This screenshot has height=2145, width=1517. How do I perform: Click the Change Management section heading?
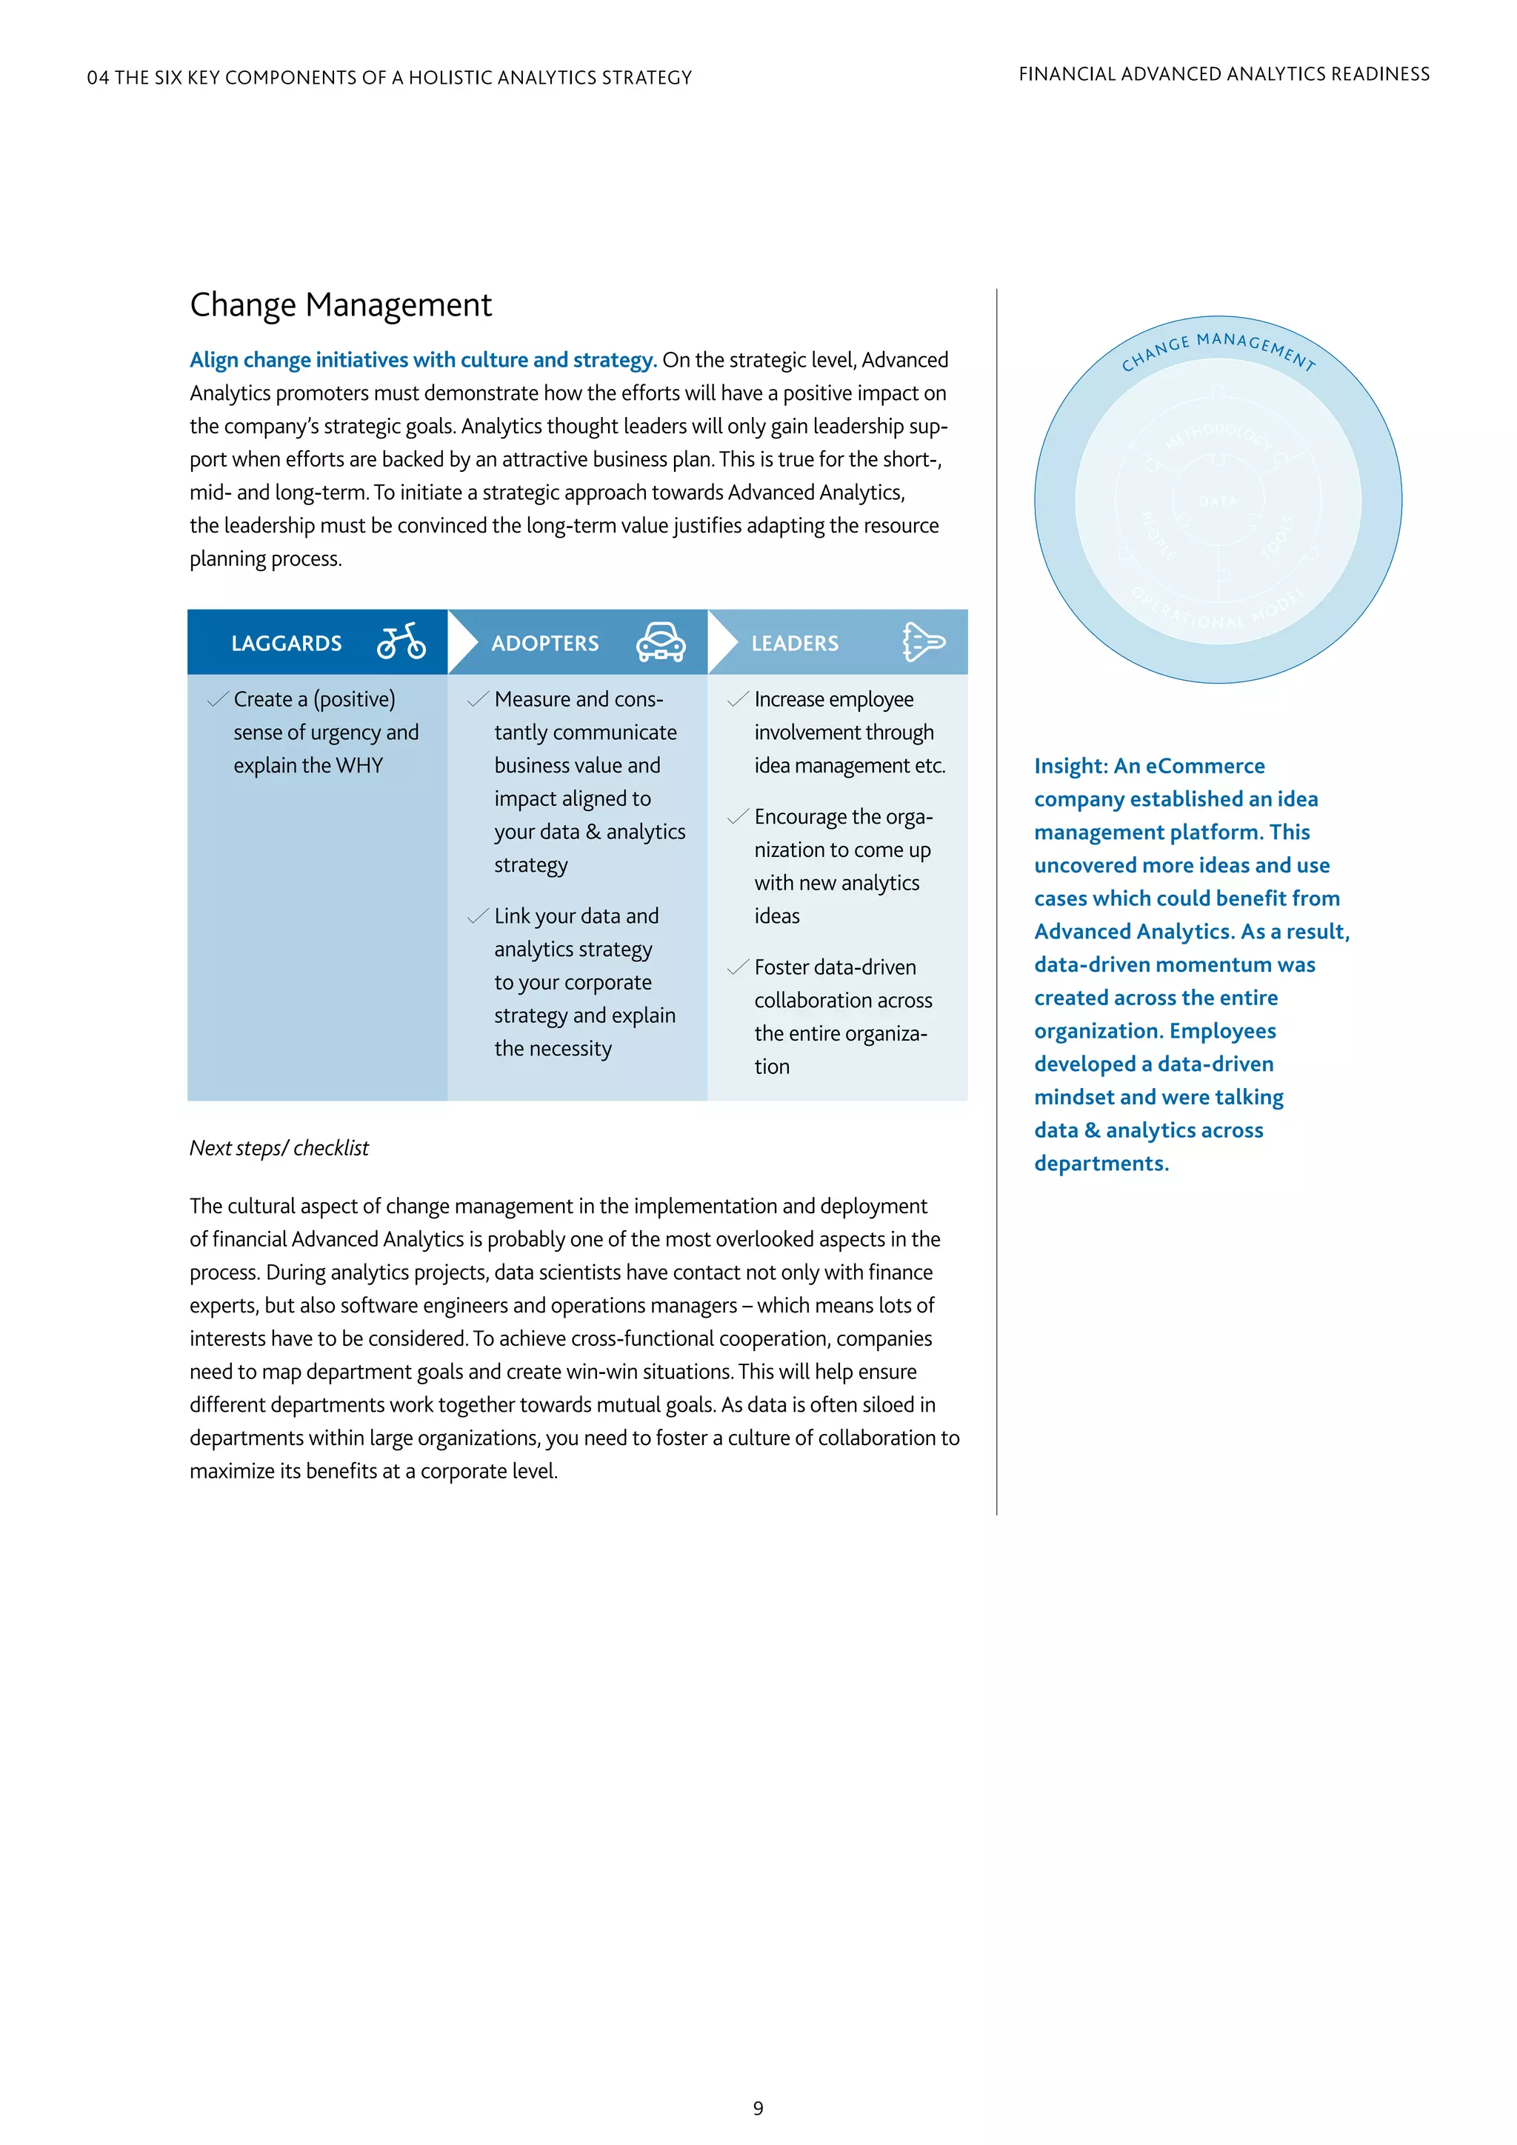point(340,305)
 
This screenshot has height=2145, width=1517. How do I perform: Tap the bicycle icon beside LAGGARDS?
point(401,642)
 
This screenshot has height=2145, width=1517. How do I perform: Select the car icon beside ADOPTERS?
point(661,642)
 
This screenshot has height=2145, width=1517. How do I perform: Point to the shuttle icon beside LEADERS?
point(923,642)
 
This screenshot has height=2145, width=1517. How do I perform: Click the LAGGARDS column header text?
point(286,644)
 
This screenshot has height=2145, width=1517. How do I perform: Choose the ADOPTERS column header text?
point(544,644)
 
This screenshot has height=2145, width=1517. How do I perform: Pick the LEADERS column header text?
point(794,644)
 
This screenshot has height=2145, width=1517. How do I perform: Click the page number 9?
point(758,2109)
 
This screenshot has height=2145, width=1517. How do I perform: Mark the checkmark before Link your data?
point(477,915)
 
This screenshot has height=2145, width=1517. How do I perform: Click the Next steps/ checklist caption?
point(279,1148)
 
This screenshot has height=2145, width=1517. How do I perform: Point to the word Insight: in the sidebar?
point(1070,766)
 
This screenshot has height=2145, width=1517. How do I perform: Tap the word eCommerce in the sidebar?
point(1205,766)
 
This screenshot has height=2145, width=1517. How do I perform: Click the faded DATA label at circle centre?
point(1217,501)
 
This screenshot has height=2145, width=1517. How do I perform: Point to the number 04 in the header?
point(97,78)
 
